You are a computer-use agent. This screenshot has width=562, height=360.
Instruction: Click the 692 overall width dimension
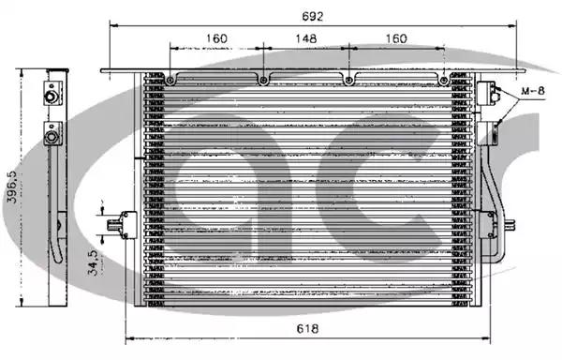[313, 17]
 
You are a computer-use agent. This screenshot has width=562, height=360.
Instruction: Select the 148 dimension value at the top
[306, 38]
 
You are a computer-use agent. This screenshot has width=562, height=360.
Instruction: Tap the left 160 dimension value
[216, 38]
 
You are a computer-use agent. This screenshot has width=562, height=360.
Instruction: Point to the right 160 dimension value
[396, 38]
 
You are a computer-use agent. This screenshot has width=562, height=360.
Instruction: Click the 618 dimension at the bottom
[307, 328]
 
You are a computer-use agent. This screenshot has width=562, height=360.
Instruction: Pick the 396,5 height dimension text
[12, 187]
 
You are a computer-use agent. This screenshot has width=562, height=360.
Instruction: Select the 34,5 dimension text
[93, 262]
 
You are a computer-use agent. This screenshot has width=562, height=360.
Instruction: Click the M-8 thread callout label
[533, 91]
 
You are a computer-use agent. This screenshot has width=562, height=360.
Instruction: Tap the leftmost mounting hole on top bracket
[170, 81]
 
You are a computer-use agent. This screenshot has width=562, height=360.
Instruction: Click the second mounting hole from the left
[263, 81]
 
